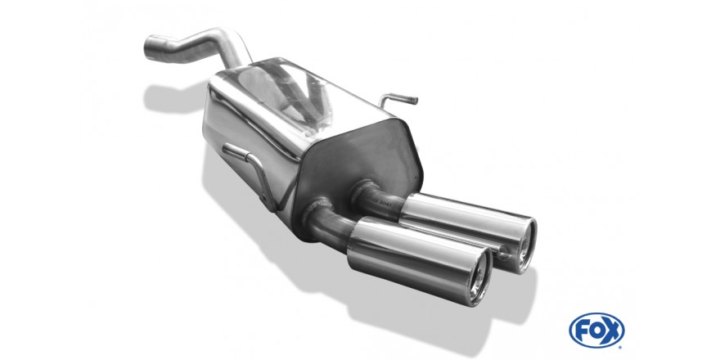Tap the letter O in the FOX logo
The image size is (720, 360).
(x=596, y=331)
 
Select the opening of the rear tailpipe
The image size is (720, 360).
(x=524, y=245)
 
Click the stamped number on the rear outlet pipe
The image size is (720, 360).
(x=381, y=201)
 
